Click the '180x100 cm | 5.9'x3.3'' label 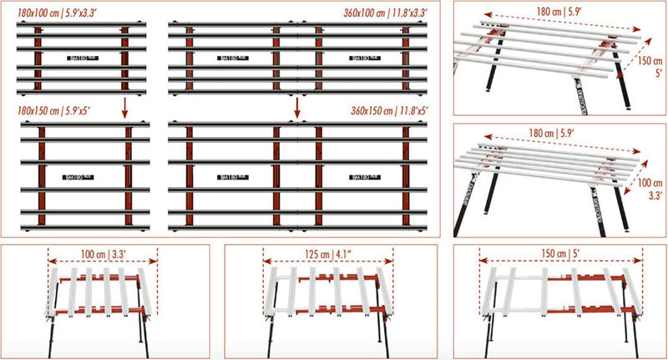(x=57, y=13)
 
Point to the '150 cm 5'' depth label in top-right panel (x=643, y=66)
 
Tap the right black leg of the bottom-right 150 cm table (x=628, y=330)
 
